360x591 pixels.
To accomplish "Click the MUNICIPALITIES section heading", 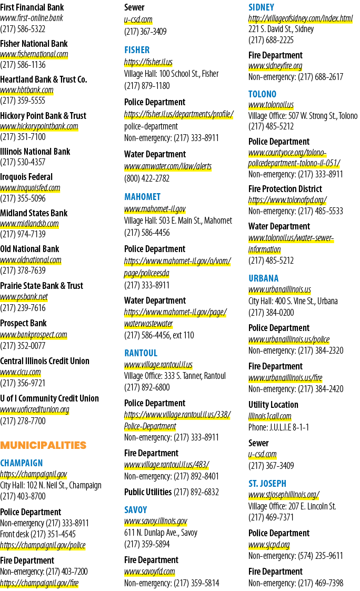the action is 43,445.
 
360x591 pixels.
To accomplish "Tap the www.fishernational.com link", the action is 34,54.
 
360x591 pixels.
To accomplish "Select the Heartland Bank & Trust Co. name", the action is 44,79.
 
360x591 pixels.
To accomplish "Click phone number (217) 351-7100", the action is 23,137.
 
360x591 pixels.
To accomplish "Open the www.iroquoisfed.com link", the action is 30,188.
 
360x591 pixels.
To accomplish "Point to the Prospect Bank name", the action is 23,323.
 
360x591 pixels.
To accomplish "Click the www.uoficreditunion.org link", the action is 35,409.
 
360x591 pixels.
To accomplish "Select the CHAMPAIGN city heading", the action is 22,463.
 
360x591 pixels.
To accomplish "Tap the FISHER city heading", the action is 137,50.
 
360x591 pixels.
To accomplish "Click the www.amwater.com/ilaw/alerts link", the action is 168,166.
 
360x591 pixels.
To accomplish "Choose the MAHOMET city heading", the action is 143,197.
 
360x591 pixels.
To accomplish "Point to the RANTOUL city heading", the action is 141,353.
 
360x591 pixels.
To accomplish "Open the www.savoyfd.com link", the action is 149,572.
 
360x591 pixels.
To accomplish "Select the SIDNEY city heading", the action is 261,7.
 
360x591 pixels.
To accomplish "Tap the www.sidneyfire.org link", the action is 275,66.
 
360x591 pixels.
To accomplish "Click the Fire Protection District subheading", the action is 285,189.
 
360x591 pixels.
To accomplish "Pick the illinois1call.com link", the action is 270,416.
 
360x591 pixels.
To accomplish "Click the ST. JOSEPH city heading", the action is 267,483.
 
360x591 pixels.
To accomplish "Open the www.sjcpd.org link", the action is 269,545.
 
